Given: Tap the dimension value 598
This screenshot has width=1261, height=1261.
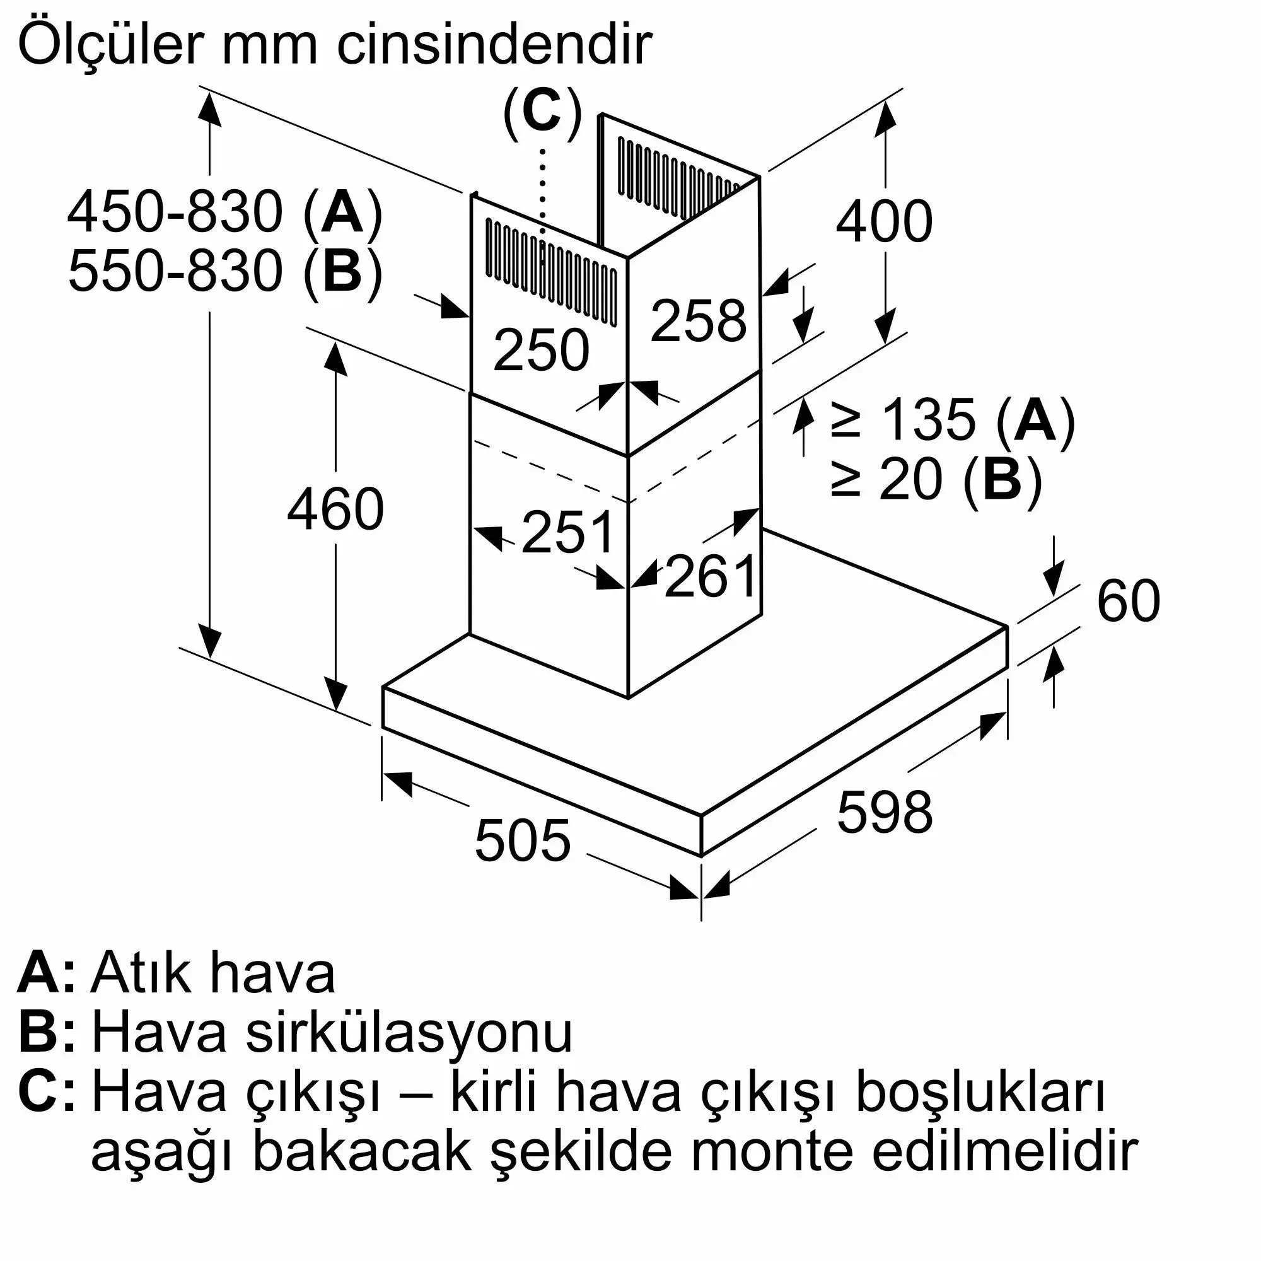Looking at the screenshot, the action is point(885,812).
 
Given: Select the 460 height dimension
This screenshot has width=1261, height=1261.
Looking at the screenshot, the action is point(335,509).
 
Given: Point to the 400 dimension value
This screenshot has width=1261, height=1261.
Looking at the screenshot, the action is point(885,222).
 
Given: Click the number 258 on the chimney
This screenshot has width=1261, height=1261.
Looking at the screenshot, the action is point(699,320).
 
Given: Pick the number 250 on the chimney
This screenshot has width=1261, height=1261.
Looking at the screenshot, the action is point(541,351).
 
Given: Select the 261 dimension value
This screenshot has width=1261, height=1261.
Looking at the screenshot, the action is point(710,576).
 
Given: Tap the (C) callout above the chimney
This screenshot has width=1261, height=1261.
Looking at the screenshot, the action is point(542,113).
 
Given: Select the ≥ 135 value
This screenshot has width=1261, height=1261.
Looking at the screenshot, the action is point(904,421).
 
